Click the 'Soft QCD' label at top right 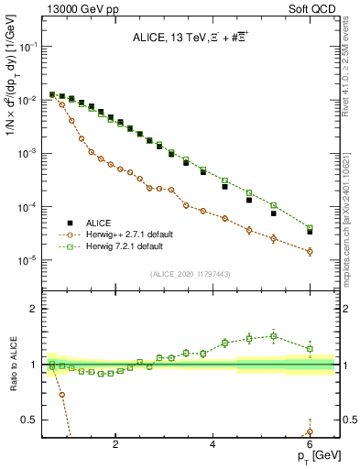click(x=315, y=8)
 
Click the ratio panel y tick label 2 click(x=37, y=309)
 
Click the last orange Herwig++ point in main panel click(x=310, y=251)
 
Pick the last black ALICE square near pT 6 click(x=310, y=232)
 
